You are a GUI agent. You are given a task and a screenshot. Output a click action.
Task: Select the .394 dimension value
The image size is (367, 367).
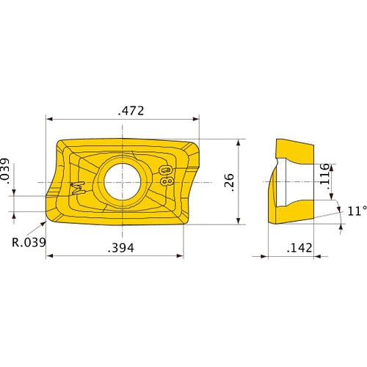tap(120, 249)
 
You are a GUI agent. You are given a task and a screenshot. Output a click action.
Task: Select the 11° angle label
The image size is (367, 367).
tap(355, 211)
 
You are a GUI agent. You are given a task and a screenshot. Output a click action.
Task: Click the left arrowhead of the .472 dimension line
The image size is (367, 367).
tap(50, 118)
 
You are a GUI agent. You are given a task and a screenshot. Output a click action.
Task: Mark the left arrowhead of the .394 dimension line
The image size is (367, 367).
tap(50, 256)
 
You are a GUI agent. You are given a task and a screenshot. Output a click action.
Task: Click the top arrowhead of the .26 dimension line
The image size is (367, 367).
tap(240, 142)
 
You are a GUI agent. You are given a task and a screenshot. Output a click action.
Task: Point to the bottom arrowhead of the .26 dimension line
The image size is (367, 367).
tap(240, 221)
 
